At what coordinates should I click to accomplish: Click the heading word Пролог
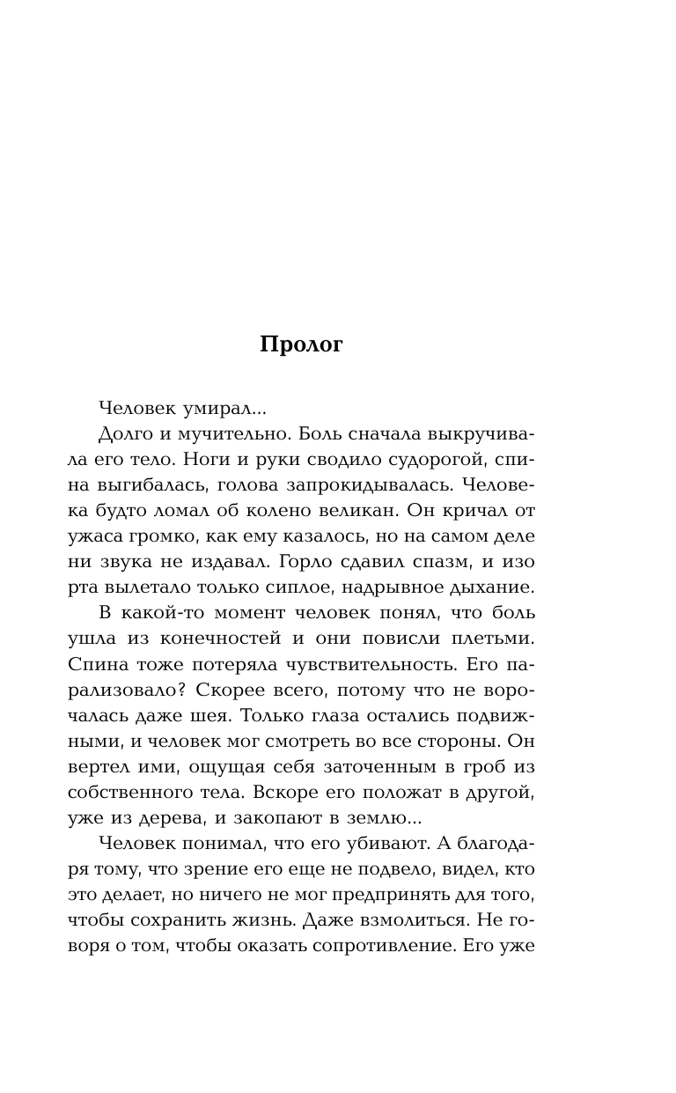pyautogui.click(x=301, y=345)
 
